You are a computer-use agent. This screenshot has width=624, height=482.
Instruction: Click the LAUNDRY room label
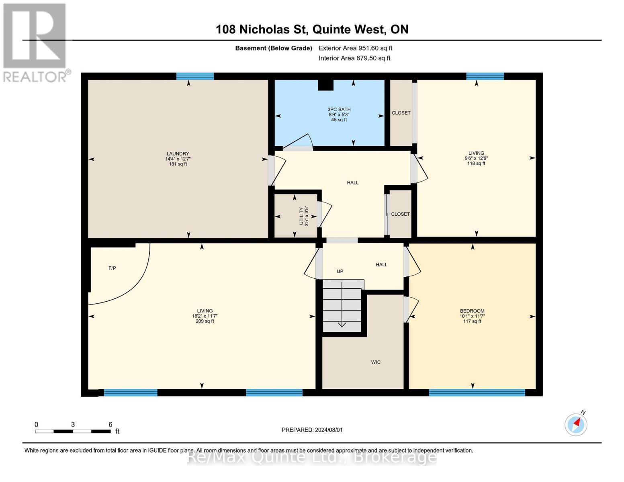[178, 153]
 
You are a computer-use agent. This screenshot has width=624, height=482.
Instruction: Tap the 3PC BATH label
[339, 109]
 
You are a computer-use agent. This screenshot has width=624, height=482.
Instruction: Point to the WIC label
[376, 362]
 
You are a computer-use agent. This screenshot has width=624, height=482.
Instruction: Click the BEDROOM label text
[472, 311]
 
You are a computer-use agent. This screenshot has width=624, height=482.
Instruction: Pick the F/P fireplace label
[112, 268]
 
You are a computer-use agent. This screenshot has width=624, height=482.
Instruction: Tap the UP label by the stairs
[340, 271]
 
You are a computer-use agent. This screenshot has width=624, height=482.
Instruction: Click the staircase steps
[342, 306]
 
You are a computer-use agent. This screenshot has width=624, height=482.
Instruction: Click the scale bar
[73, 431]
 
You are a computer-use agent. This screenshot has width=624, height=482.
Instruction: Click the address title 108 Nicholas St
[261, 29]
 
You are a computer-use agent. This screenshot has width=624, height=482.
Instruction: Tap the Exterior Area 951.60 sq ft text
[356, 48]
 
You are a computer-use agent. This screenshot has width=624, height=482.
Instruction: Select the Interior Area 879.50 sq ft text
[355, 58]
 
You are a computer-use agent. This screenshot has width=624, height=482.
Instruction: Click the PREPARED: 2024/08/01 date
[312, 430]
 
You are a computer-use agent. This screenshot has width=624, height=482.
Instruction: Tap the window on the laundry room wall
[195, 76]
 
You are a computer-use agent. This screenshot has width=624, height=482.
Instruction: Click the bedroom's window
[477, 392]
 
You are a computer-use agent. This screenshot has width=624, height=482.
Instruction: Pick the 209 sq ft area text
[205, 321]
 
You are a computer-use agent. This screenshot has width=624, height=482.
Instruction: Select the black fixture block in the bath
[325, 85]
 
